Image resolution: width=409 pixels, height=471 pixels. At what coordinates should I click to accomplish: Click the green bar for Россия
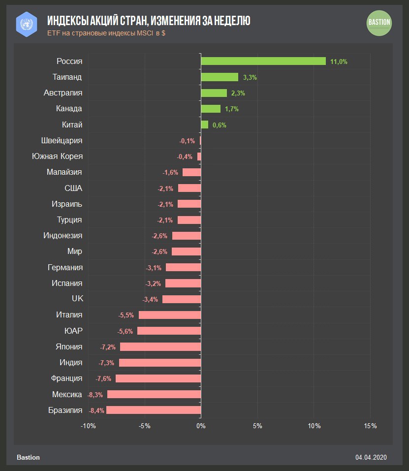coord(263,61)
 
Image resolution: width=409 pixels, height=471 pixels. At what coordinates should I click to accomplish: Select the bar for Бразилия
coord(154,410)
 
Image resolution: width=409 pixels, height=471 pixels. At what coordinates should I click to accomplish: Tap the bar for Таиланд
coord(220,77)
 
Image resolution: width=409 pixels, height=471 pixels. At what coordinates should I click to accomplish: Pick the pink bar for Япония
coord(160,346)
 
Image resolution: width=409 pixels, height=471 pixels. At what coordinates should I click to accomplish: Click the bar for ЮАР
coord(169,331)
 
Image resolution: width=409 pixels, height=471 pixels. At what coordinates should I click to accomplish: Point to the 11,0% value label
coord(339,62)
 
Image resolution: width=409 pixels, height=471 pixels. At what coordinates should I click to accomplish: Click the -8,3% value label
coord(95,395)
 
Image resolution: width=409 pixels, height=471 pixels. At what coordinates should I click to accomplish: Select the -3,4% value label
coord(150,299)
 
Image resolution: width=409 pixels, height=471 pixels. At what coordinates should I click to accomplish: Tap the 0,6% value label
coord(219,125)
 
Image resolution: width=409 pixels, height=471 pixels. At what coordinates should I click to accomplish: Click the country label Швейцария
coord(62,141)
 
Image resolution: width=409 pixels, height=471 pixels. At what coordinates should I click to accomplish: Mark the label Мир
coord(75,251)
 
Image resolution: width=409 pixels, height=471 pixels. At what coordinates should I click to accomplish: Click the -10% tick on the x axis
coord(89,426)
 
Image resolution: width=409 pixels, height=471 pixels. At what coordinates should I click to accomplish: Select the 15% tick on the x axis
coord(370,426)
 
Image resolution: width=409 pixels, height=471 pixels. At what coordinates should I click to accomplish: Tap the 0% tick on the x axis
coord(201,426)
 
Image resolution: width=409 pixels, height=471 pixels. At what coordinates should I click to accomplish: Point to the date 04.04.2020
coord(371,457)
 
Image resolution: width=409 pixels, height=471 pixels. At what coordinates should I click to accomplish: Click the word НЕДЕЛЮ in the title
coord(230,20)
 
